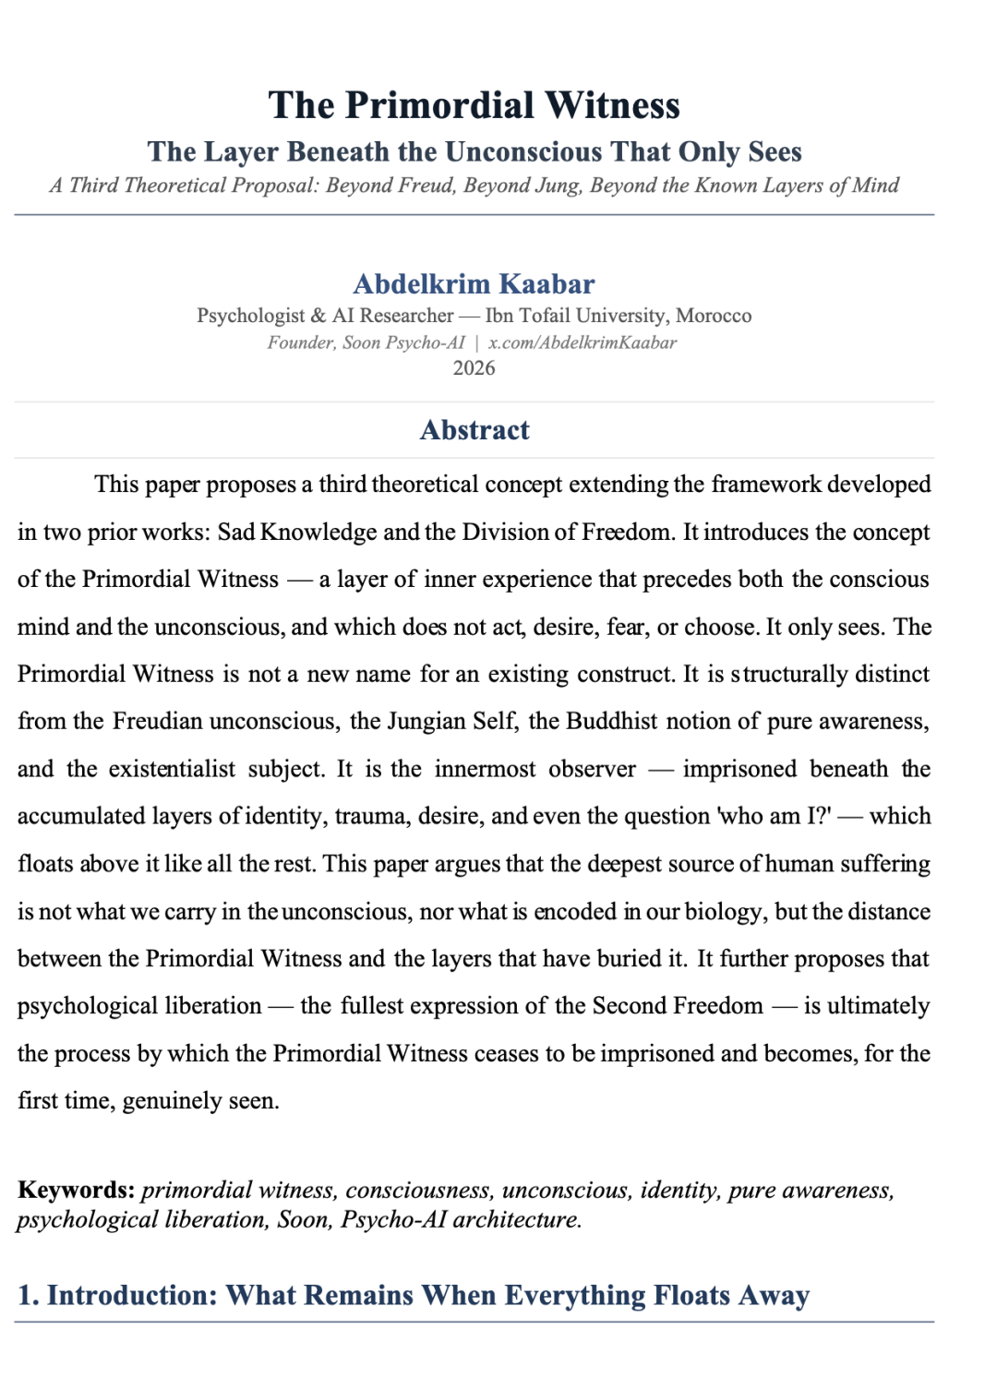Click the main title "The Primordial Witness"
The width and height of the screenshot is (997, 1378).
[474, 105]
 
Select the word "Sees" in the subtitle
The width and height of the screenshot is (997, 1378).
[775, 151]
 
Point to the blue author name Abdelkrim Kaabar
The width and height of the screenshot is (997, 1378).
[474, 283]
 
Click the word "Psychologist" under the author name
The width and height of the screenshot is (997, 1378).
[250, 316]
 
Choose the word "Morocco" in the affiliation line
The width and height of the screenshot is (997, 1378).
[714, 316]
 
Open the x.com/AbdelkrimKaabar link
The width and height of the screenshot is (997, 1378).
[583, 342]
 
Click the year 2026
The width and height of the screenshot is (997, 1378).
[474, 368]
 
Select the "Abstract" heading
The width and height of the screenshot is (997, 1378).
[474, 430]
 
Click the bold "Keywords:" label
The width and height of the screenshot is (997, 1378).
[76, 1190]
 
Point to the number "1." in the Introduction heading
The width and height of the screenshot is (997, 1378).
[28, 1295]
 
